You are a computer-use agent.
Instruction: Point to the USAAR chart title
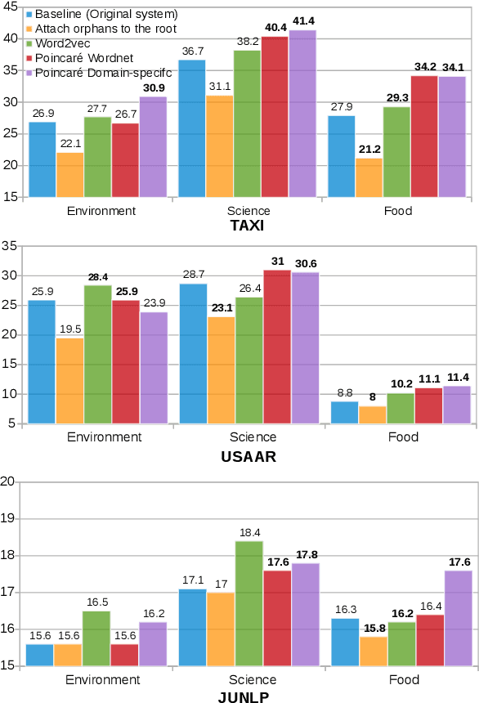[248, 456]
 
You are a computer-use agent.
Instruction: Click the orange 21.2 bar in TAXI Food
[369, 177]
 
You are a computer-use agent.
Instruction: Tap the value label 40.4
[275, 28]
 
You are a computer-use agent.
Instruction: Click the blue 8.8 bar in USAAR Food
[344, 413]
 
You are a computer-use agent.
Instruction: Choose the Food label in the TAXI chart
[398, 210]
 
